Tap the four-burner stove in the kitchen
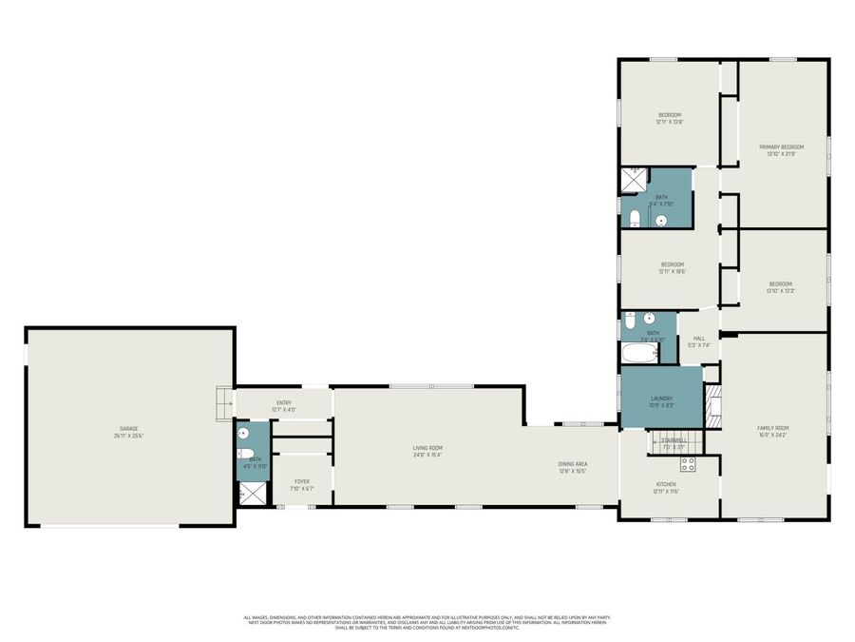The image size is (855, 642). pyautogui.click(x=688, y=464)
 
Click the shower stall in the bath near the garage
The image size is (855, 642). pyautogui.click(x=252, y=493)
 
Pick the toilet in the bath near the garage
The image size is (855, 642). pyautogui.click(x=244, y=454)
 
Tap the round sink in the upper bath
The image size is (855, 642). pyautogui.click(x=661, y=221)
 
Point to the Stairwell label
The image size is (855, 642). pyautogui.click(x=673, y=442)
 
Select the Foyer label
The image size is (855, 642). pyautogui.click(x=301, y=486)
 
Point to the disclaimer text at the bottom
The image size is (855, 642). pyautogui.click(x=427, y=622)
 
